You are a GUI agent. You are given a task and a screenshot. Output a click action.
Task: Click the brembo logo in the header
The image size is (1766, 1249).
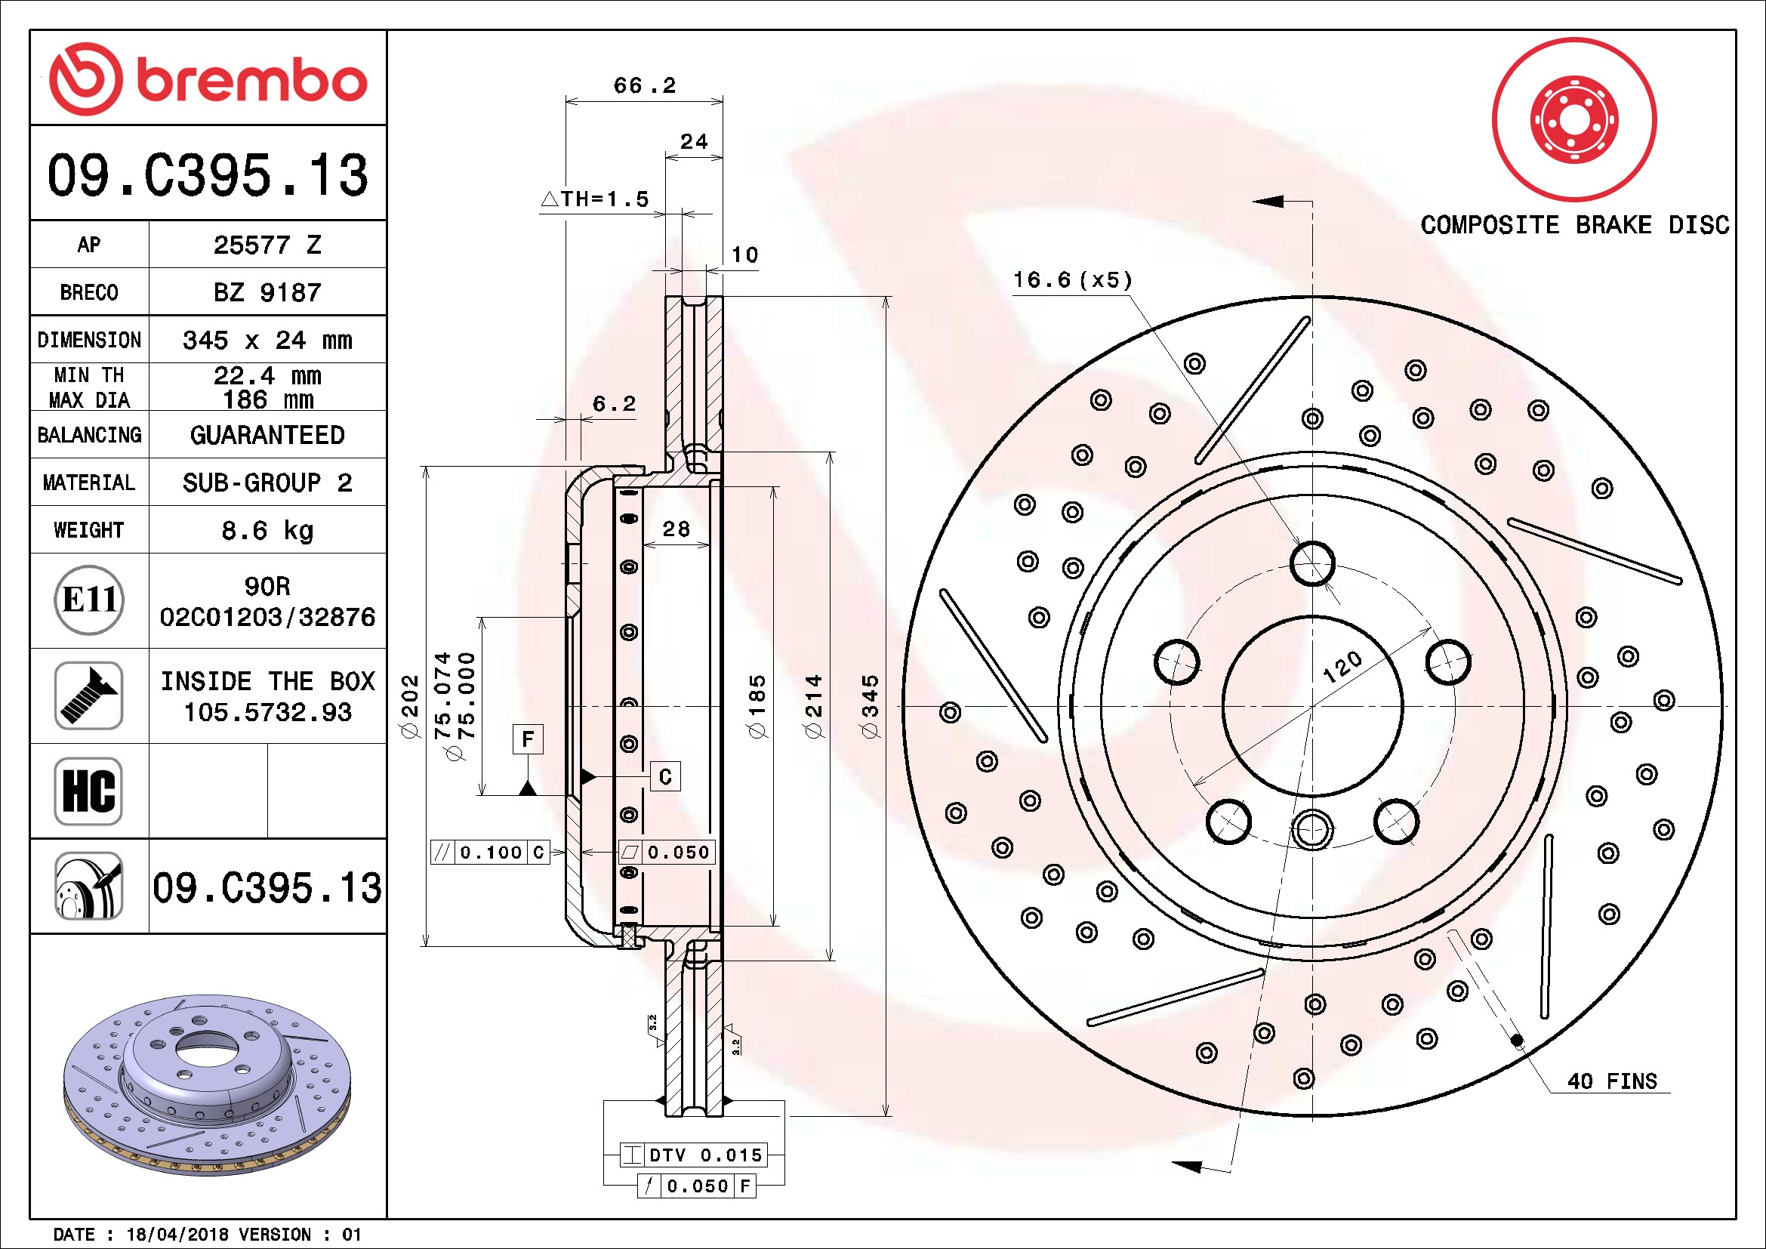[x=208, y=79]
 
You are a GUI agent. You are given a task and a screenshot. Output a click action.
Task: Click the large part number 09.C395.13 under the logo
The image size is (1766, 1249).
[x=208, y=174]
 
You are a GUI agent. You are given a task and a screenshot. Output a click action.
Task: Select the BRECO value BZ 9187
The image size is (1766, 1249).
[x=267, y=292]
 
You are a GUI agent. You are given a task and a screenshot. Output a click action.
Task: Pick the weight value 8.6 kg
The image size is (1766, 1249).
[x=267, y=530]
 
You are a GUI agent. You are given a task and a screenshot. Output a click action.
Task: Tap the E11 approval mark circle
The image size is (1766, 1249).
[x=89, y=600]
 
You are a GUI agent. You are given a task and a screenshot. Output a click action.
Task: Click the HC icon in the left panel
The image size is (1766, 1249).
[x=89, y=791]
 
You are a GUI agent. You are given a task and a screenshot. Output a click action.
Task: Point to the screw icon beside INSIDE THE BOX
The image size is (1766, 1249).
[x=89, y=696]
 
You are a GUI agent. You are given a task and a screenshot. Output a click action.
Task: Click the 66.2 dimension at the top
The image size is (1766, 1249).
[x=645, y=85]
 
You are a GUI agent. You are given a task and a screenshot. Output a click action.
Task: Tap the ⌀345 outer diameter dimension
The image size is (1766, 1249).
[x=870, y=706]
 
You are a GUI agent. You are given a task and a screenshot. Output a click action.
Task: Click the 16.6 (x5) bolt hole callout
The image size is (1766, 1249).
[x=1072, y=280]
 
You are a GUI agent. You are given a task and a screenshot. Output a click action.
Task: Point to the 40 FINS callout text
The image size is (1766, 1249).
[x=1612, y=1081]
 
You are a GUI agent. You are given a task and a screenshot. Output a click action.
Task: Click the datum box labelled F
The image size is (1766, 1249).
[x=528, y=739]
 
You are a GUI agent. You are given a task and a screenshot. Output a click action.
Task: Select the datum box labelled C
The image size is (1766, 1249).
[x=665, y=777]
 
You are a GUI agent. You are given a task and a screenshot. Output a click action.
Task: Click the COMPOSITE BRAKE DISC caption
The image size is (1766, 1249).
[x=1574, y=225]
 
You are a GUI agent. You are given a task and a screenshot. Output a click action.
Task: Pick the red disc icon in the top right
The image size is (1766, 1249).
[x=1574, y=120]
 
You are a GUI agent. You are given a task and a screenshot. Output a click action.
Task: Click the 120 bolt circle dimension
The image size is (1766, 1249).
[x=1342, y=666]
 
